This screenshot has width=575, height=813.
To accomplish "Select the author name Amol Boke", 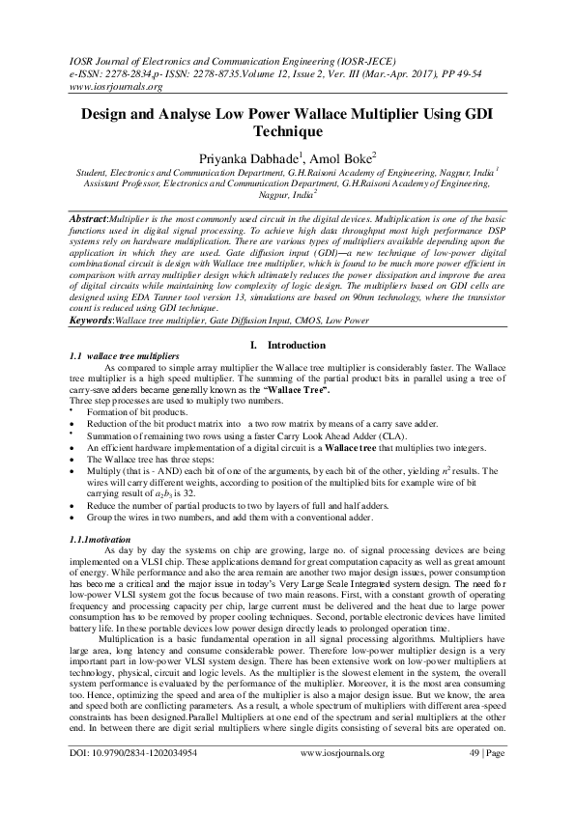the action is (x=347, y=157).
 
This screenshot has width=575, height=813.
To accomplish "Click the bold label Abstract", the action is (x=94, y=220).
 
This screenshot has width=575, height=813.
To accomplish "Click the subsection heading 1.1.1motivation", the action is (x=107, y=537).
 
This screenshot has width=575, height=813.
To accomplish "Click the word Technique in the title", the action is (x=287, y=132).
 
